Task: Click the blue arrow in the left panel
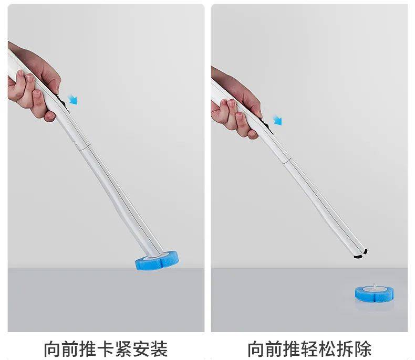72,100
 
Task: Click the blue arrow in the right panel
278,120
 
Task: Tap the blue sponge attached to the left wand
157,260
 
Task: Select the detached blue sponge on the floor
374,294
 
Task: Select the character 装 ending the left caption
159,349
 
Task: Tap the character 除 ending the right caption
363,349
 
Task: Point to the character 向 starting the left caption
52,349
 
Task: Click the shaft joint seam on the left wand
84,148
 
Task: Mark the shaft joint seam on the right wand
287,161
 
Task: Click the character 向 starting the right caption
256,349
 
